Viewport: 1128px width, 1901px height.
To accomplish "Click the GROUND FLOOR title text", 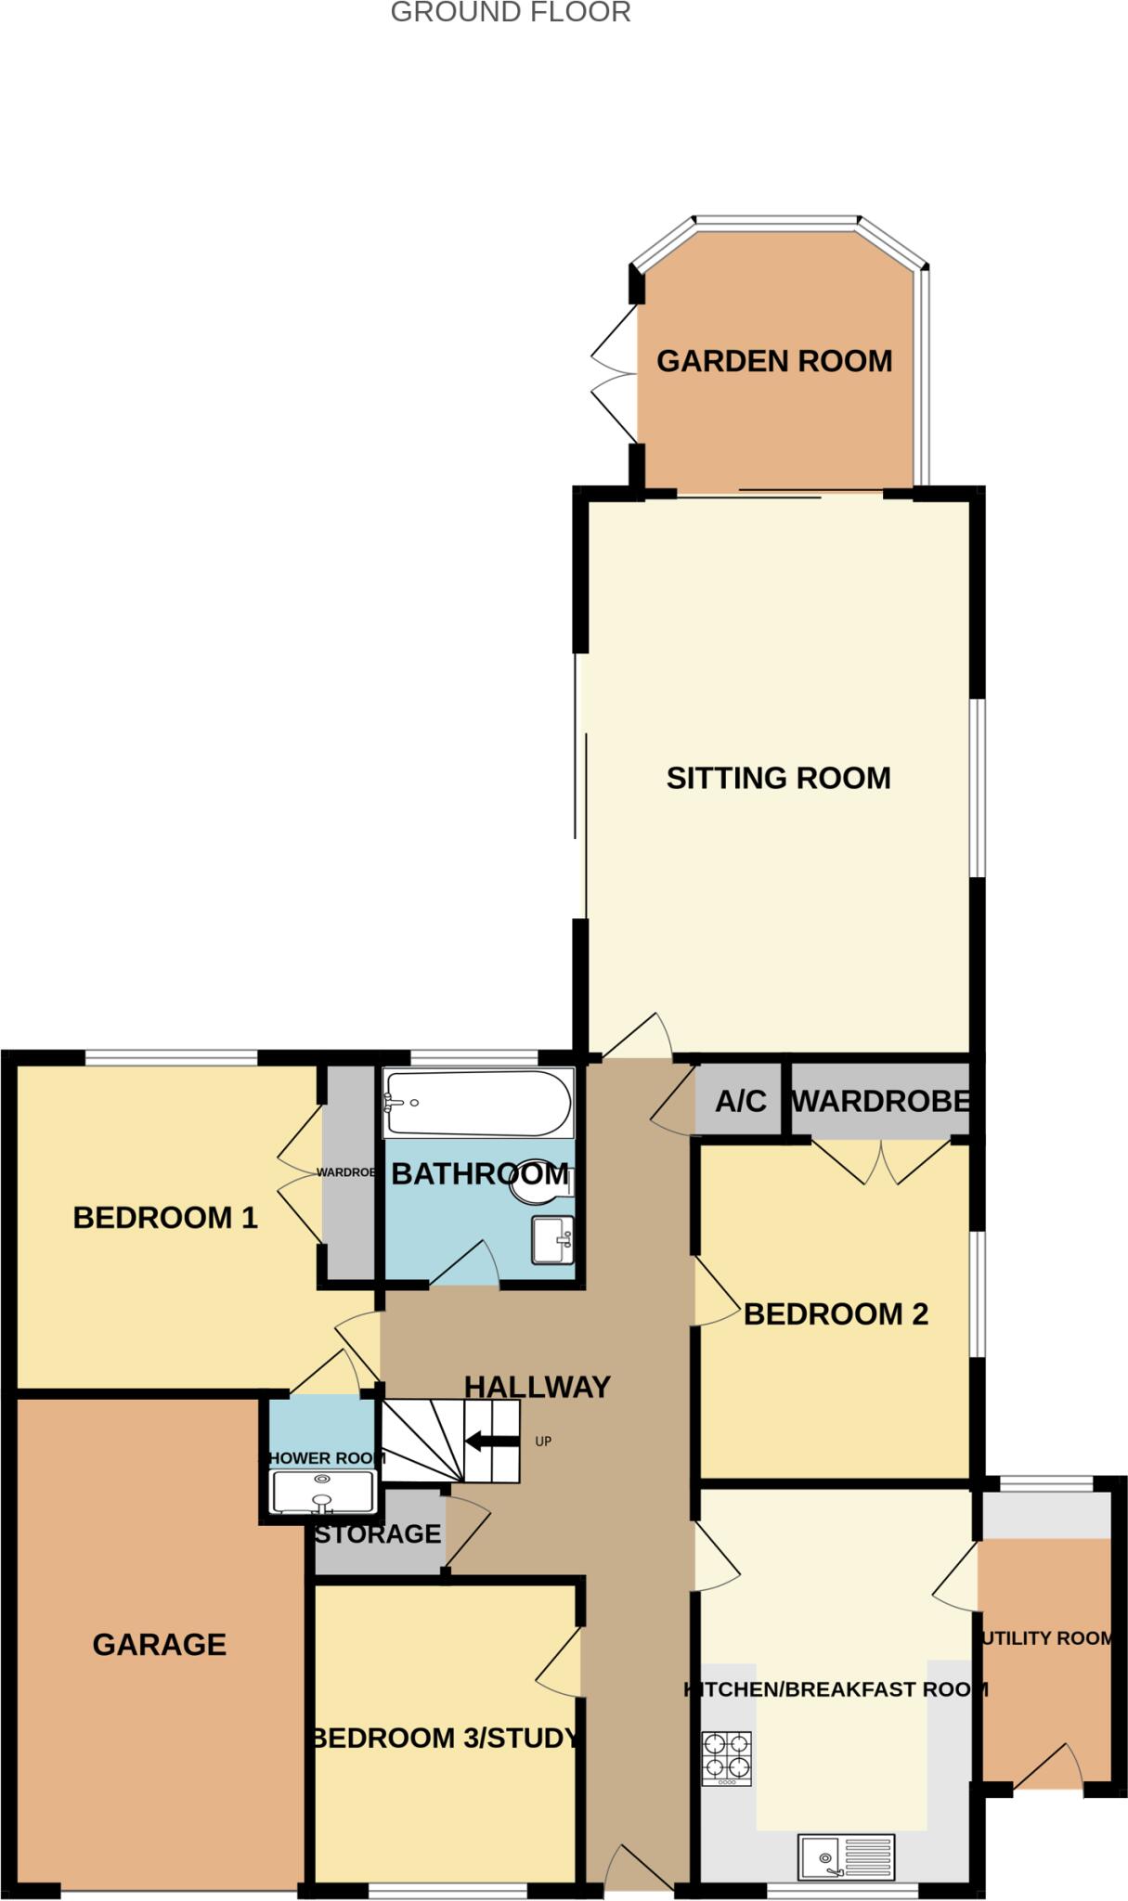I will click(511, 12).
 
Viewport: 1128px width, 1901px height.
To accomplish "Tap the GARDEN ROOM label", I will click(774, 361).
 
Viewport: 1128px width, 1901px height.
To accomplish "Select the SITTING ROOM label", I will click(778, 778).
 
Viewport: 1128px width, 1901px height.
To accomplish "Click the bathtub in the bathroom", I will click(478, 1103).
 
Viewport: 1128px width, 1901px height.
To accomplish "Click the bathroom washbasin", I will click(553, 1239).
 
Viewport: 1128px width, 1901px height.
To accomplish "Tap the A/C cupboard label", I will click(740, 1102).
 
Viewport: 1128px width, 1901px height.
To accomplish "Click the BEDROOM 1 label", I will click(165, 1217).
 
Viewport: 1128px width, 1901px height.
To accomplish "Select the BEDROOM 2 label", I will click(836, 1313).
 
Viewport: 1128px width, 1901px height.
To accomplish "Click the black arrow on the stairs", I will click(491, 1442).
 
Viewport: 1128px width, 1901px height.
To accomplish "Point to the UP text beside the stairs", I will click(543, 1442).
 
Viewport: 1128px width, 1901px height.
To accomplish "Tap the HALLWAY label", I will click(537, 1386).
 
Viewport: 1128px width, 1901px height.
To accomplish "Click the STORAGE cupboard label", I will click(377, 1533).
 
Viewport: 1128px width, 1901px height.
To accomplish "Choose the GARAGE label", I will click(159, 1644).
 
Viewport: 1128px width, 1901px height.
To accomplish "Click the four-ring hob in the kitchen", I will click(726, 1758).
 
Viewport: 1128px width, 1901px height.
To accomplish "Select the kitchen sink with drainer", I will click(846, 1856).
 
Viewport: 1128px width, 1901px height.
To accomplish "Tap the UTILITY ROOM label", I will click(1046, 1638).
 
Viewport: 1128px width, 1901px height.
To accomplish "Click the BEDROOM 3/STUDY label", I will click(446, 1738).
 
